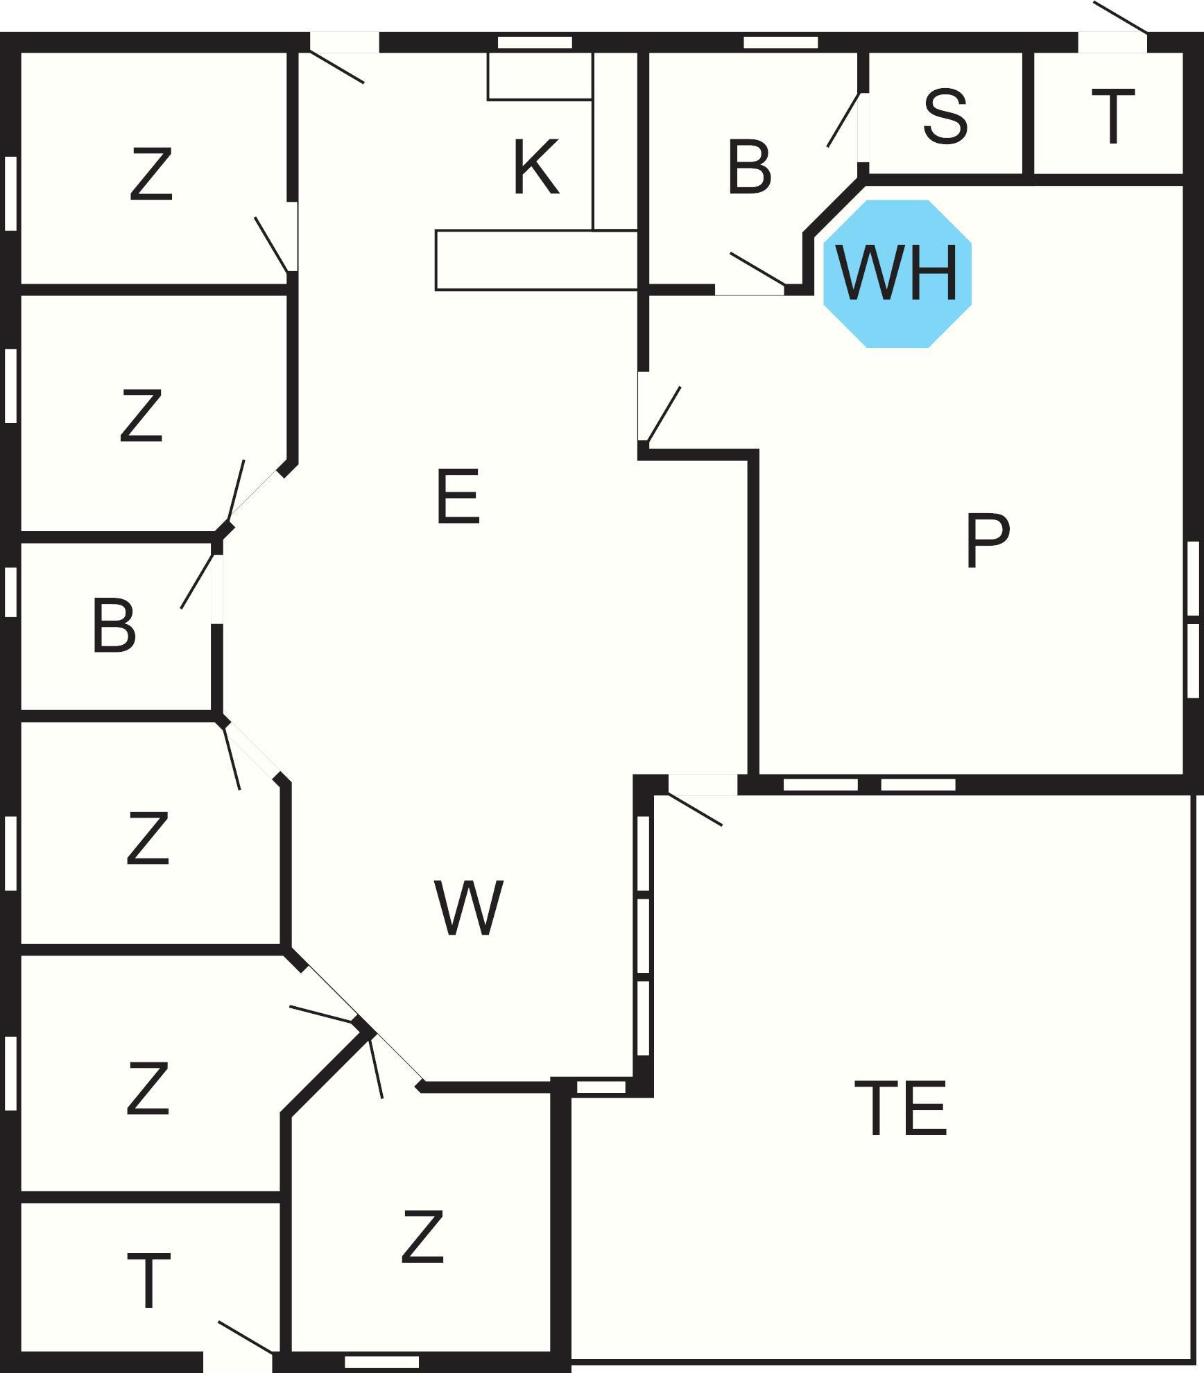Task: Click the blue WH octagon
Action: (897, 274)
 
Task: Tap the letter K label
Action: (536, 166)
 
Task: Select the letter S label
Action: (945, 116)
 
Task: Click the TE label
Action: (900, 1108)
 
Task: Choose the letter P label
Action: (988, 541)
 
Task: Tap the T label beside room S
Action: (1113, 116)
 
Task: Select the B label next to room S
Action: (749, 166)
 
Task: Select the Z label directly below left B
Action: (148, 838)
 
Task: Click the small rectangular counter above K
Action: (540, 76)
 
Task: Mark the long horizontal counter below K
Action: (537, 260)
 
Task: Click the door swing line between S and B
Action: (843, 120)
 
